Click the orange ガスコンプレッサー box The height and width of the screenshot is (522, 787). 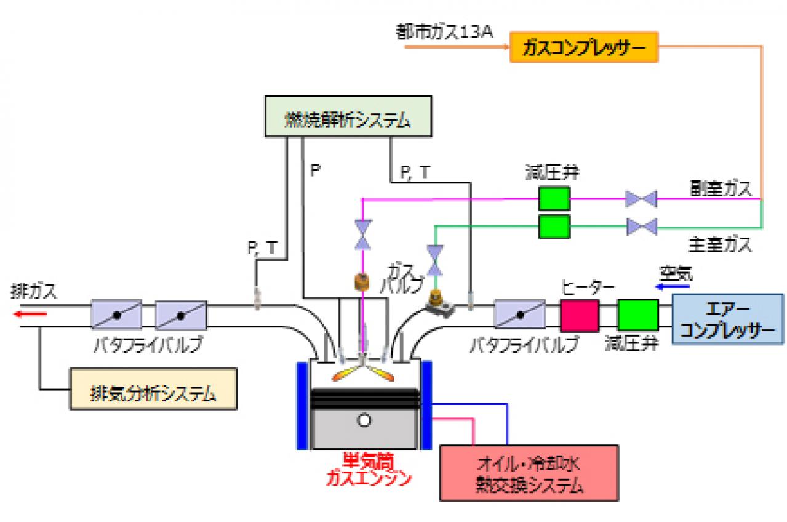pyautogui.click(x=584, y=47)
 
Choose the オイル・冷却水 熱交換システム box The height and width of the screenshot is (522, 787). pyautogui.click(x=529, y=473)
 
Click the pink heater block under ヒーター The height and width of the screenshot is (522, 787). pyautogui.click(x=579, y=315)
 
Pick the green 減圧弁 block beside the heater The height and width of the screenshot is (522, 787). pyautogui.click(x=637, y=315)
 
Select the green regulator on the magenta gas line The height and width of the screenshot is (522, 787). pyautogui.click(x=554, y=199)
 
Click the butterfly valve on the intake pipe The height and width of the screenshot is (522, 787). pyautogui.click(x=520, y=315)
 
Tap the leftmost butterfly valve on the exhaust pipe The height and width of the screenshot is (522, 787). pyautogui.click(x=116, y=315)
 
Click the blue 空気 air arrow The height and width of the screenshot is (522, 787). pyautogui.click(x=668, y=286)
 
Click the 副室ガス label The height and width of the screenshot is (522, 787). pyautogui.click(x=721, y=188)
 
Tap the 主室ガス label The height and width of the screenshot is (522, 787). pyautogui.click(x=721, y=246)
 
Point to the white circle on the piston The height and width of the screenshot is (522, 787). pyautogui.click(x=365, y=420)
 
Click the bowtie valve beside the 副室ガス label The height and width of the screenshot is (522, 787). pyautogui.click(x=641, y=199)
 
